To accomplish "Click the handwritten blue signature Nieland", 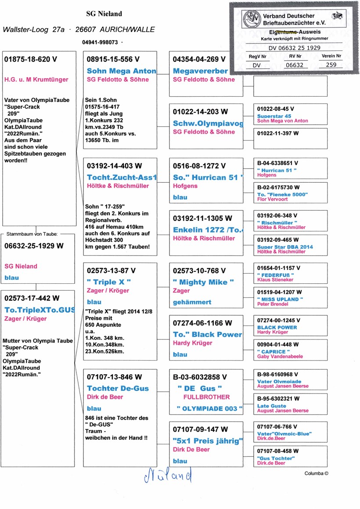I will point(169,475).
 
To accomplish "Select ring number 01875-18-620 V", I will point(31,59).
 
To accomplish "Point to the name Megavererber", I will point(200,71).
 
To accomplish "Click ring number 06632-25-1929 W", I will point(34,246).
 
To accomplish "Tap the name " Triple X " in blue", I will point(109,282).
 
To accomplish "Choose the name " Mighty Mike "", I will point(203,282).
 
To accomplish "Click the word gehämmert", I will point(192,302).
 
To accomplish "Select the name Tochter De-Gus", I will point(118,388).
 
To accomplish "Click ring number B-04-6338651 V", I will point(278,162).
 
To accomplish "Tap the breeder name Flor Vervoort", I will point(273,199).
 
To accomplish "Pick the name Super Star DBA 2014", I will point(285,247).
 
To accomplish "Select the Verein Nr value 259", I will point(331,65).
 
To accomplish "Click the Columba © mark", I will point(316,473).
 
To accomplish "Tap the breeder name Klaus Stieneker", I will point(276,279).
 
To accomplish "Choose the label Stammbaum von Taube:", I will point(34,234).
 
